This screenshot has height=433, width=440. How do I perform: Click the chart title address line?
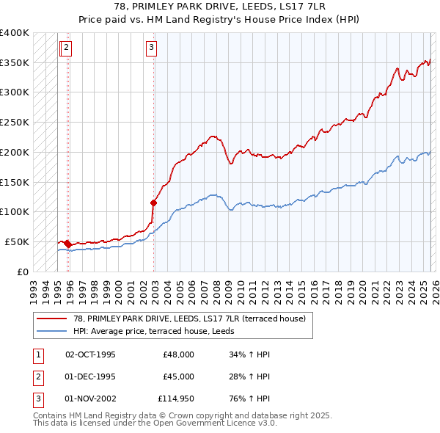point(220,7)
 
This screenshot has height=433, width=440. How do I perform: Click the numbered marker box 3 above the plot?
point(151,48)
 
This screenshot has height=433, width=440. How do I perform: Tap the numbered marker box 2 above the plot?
point(67,48)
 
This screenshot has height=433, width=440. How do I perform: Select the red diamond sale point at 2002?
point(153,203)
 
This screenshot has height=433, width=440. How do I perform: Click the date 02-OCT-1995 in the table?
point(90,354)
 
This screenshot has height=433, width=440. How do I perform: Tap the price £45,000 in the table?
point(178,376)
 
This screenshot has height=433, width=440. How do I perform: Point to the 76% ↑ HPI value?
point(250,399)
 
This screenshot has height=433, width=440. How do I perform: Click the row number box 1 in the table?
point(37,354)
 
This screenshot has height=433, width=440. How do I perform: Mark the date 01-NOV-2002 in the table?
point(90,399)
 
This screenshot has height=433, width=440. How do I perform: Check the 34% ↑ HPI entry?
point(250,354)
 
